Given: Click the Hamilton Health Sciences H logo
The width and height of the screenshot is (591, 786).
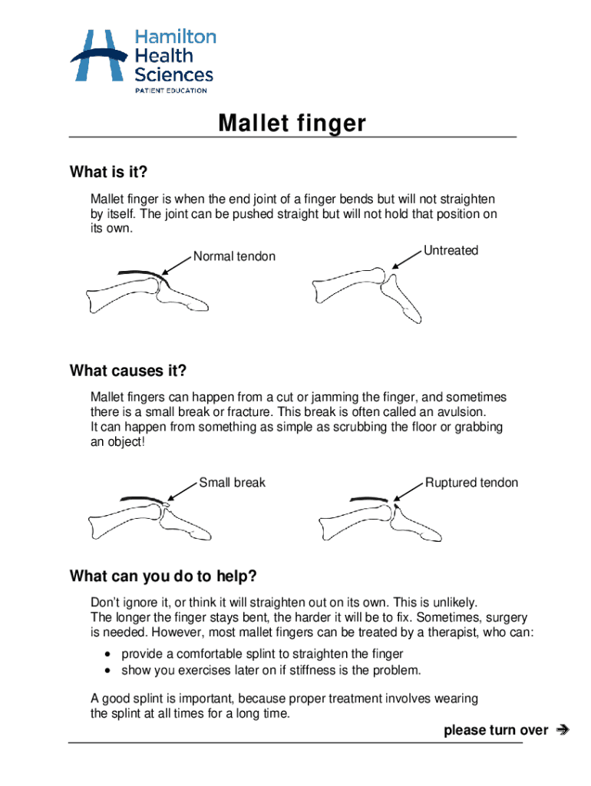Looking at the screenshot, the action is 98,55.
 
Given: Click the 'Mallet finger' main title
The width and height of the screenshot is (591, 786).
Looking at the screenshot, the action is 292,123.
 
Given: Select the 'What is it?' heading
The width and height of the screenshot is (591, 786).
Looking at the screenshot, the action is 108,172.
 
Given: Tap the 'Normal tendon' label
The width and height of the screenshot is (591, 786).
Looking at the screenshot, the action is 234,256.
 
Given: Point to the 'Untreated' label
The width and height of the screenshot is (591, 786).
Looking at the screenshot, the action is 451,250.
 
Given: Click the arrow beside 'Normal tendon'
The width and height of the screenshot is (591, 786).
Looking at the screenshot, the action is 177,265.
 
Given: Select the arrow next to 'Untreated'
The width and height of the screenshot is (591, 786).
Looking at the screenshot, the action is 407,259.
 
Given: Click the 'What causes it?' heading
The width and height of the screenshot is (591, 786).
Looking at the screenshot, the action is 128,371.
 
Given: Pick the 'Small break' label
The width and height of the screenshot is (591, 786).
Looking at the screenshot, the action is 232,482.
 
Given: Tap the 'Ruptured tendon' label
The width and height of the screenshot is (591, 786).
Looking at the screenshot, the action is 471,482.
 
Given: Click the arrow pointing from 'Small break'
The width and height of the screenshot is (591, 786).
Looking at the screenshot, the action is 182,491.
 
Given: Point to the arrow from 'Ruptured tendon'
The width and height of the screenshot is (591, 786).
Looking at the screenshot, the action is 408,491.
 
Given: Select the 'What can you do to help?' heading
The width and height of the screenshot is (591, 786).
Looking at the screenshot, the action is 163,576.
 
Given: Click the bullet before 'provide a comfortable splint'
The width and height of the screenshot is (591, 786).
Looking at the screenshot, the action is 107,654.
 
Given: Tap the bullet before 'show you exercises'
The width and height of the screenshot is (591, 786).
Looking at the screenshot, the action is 107,671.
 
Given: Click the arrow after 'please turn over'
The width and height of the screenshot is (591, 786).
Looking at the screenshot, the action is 563,730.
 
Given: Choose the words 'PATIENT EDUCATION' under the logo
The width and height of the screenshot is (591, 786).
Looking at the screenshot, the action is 171,91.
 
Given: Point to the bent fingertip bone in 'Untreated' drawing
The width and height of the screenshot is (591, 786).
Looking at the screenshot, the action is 401,299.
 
